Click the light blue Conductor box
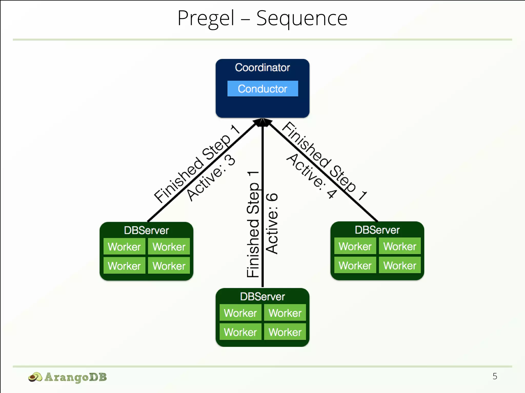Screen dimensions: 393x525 [x=262, y=89]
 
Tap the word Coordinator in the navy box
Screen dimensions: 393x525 [x=262, y=68]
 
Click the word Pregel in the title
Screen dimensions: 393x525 [x=206, y=18]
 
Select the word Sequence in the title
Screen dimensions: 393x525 [x=302, y=18]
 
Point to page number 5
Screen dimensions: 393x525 [x=495, y=376]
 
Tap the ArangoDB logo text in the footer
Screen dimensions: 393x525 [x=75, y=377]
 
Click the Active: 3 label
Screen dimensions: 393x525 [x=211, y=178]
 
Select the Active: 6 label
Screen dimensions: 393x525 [x=272, y=223]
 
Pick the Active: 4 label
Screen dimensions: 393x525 [x=311, y=176]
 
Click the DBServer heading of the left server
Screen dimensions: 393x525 [x=146, y=230]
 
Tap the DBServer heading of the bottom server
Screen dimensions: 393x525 [x=262, y=297]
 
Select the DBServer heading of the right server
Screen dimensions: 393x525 [x=377, y=230]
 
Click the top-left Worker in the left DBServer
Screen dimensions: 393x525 [x=124, y=247]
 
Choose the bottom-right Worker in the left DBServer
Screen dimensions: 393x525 [x=169, y=266]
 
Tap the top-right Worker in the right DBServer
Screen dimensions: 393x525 [x=400, y=246]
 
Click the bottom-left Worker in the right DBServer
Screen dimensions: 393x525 [x=355, y=265]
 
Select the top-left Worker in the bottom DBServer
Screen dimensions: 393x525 [x=240, y=313]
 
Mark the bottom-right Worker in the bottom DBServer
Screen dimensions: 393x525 [x=285, y=332]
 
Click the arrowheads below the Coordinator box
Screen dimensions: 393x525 [x=262, y=122]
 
